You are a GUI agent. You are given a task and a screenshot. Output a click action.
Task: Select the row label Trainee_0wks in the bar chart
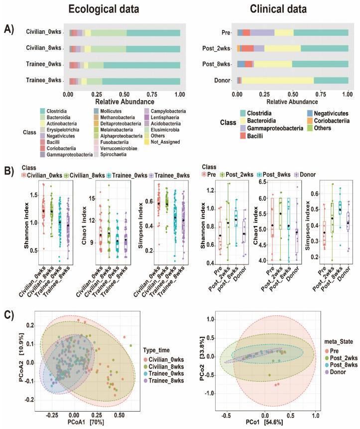(x=45, y=65)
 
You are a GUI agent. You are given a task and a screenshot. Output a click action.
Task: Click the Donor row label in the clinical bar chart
(x=226, y=80)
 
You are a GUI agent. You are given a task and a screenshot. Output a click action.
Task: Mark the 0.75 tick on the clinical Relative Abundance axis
(x=321, y=93)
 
